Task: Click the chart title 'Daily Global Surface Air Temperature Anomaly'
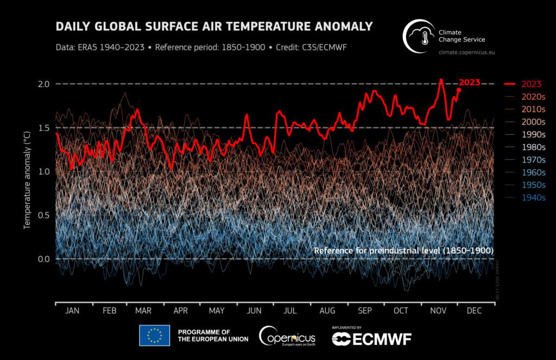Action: pyautogui.click(x=214, y=27)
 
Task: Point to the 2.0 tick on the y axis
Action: pyautogui.click(x=44, y=84)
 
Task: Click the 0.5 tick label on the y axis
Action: pyautogui.click(x=44, y=216)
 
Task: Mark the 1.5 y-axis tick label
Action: pyautogui.click(x=44, y=128)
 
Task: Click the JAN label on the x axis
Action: pyautogui.click(x=72, y=311)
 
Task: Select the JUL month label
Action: pyautogui.click(x=290, y=311)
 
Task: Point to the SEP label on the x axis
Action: pyautogui.click(x=365, y=311)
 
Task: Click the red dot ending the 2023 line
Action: pyautogui.click(x=459, y=90)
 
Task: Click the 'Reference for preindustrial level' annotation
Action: pyautogui.click(x=403, y=251)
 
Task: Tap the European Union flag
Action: pyautogui.click(x=154, y=336)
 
